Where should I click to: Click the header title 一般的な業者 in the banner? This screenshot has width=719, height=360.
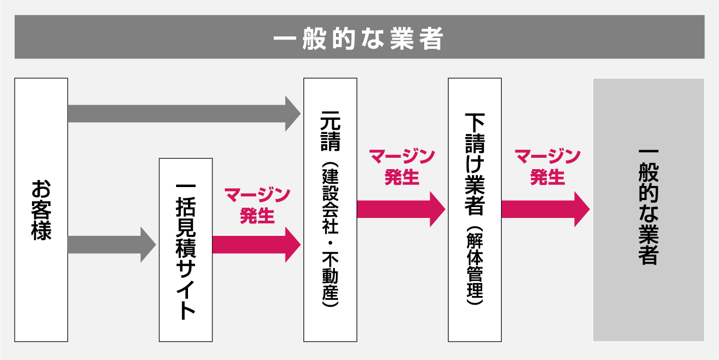[359, 38]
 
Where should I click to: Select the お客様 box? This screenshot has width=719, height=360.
[41, 271]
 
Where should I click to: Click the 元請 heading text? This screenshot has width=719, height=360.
[331, 131]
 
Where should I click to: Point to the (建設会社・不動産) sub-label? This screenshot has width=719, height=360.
[331, 236]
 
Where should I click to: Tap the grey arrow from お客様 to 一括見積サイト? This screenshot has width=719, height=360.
[111, 245]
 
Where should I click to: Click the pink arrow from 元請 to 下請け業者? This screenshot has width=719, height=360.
[400, 209]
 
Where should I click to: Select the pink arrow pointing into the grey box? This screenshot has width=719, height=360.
[545, 209]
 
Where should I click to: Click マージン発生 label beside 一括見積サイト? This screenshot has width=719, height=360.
[257, 205]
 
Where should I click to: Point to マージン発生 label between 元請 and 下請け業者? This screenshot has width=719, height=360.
[402, 167]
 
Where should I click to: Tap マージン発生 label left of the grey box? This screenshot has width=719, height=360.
[547, 167]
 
